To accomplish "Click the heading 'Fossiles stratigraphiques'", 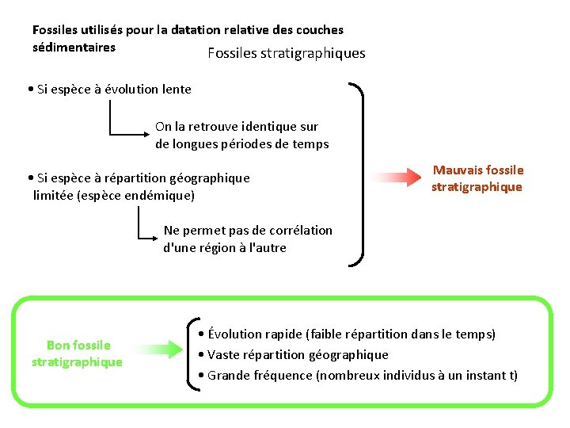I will [x=286, y=54].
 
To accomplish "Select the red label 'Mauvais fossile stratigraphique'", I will [x=477, y=178].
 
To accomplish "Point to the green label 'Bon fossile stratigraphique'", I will [x=78, y=353].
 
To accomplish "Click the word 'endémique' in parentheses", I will [x=162, y=195].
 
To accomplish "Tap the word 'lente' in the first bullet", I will [x=176, y=89].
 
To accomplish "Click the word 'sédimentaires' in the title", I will [x=74, y=47].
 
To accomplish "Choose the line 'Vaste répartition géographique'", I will [x=298, y=354].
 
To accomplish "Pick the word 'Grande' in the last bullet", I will [x=228, y=375].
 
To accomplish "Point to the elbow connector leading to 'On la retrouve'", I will [x=119, y=127].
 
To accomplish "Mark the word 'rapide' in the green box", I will [x=283, y=334].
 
